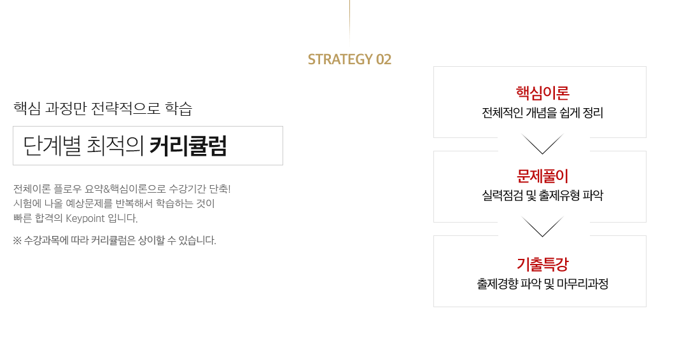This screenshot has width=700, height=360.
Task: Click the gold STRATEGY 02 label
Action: click(x=349, y=59)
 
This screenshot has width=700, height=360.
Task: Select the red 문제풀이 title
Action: click(x=543, y=176)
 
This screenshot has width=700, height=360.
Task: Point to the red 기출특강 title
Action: click(x=543, y=265)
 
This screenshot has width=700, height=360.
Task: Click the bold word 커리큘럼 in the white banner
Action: click(x=188, y=146)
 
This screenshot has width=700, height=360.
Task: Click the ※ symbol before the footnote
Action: click(x=17, y=240)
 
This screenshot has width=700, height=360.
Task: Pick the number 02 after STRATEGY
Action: click(x=384, y=59)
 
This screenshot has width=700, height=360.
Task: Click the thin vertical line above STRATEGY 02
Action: click(x=349, y=22)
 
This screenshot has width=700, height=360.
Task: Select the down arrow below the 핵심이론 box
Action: click(x=542, y=144)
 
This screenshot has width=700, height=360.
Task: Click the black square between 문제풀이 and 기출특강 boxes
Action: click(x=542, y=223)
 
